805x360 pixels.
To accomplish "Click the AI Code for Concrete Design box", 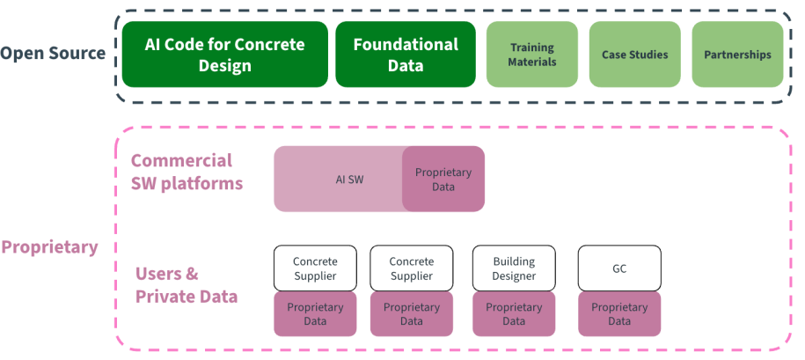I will pos(225,55).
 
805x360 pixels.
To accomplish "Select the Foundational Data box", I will pos(406,55).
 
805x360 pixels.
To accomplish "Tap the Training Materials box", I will pos(532,55).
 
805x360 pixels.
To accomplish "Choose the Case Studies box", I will pos(634,55).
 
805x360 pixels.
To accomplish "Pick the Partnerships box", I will pos(737,55).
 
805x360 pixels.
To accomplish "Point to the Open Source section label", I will pos(53,53).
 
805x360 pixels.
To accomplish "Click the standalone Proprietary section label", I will pos(49,246).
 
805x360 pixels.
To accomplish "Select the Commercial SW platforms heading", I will pos(187,172).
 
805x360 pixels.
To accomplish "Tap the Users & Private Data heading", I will pos(187,284).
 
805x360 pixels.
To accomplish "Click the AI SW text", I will pos(349,179).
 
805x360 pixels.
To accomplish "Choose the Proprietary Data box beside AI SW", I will pos(443,179).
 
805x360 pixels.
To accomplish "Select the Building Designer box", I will pos(514,268).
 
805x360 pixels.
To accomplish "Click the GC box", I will pos(619,268).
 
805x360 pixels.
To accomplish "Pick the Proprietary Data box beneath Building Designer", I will pos(514,314).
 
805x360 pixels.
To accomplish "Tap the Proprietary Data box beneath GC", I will pos(619,314).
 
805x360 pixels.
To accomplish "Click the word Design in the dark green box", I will pos(225,66).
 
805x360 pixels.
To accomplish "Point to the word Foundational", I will pos(406,44).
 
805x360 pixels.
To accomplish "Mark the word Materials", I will pos(532,62).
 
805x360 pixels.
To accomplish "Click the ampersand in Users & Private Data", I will pos(192,273).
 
